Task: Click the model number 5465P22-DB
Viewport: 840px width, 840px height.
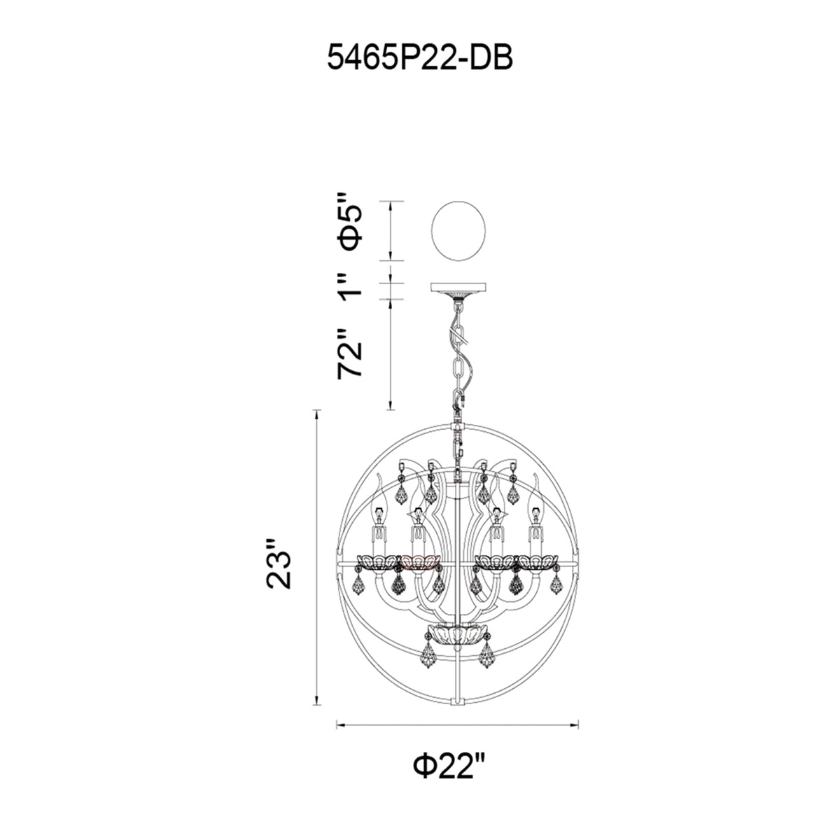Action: coord(420,58)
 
